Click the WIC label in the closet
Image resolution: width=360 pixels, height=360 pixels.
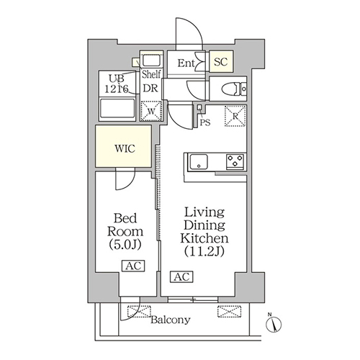pos(125,149)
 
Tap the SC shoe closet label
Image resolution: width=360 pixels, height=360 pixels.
pos(221,62)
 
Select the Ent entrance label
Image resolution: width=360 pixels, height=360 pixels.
pos(186,63)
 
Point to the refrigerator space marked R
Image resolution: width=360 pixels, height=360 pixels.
pos(235,116)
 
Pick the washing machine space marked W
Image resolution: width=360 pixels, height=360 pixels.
pos(151,112)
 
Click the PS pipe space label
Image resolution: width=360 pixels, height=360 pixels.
pos(205,122)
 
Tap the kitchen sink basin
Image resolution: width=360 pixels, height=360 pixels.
pos(199,162)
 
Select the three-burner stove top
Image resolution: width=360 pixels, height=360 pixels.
pos(235,161)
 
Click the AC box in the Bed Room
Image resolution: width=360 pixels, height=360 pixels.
pos(133,266)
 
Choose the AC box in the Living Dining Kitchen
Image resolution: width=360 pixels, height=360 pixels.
pos(181,276)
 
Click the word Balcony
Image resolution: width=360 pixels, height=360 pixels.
pos(171,320)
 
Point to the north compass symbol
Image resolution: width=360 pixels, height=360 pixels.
pos(274,324)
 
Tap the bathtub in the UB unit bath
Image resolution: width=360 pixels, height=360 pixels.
pos(117,110)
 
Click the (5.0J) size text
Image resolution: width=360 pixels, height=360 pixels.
pos(125,245)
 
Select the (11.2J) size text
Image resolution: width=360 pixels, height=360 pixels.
pos(204,252)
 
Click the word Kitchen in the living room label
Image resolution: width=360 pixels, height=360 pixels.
pos(204,238)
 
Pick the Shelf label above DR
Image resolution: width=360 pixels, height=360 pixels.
pos(151,74)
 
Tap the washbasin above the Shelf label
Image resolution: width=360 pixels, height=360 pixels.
pos(151,60)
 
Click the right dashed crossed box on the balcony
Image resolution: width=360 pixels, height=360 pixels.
pos(229,312)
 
